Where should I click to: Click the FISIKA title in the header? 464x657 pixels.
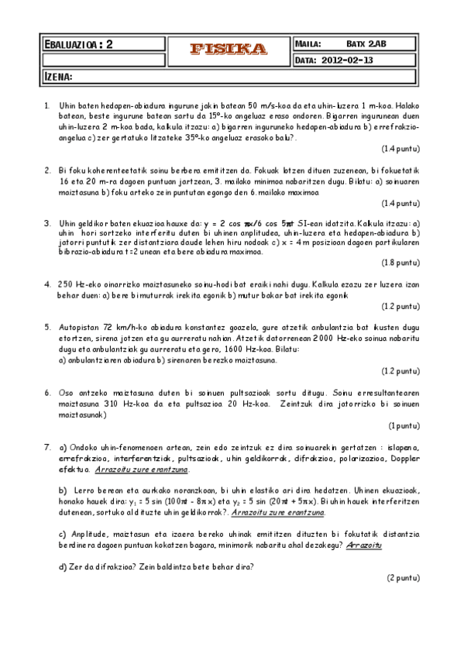pos(229,49)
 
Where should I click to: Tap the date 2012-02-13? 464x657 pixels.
pos(347,60)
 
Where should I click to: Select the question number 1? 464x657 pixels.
pos(47,105)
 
